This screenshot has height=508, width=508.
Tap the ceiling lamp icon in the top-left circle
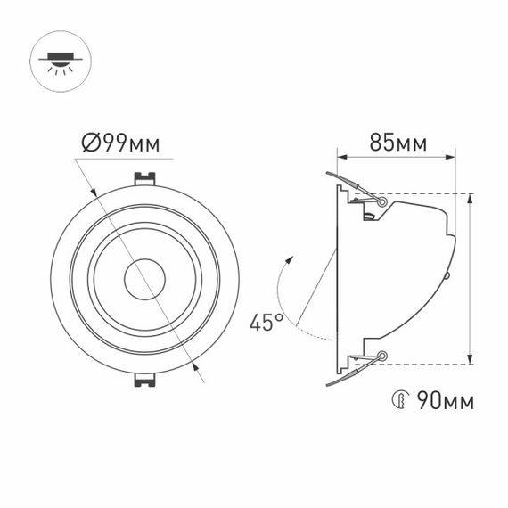point(59,59)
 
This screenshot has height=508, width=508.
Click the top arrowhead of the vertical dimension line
point(471,198)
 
